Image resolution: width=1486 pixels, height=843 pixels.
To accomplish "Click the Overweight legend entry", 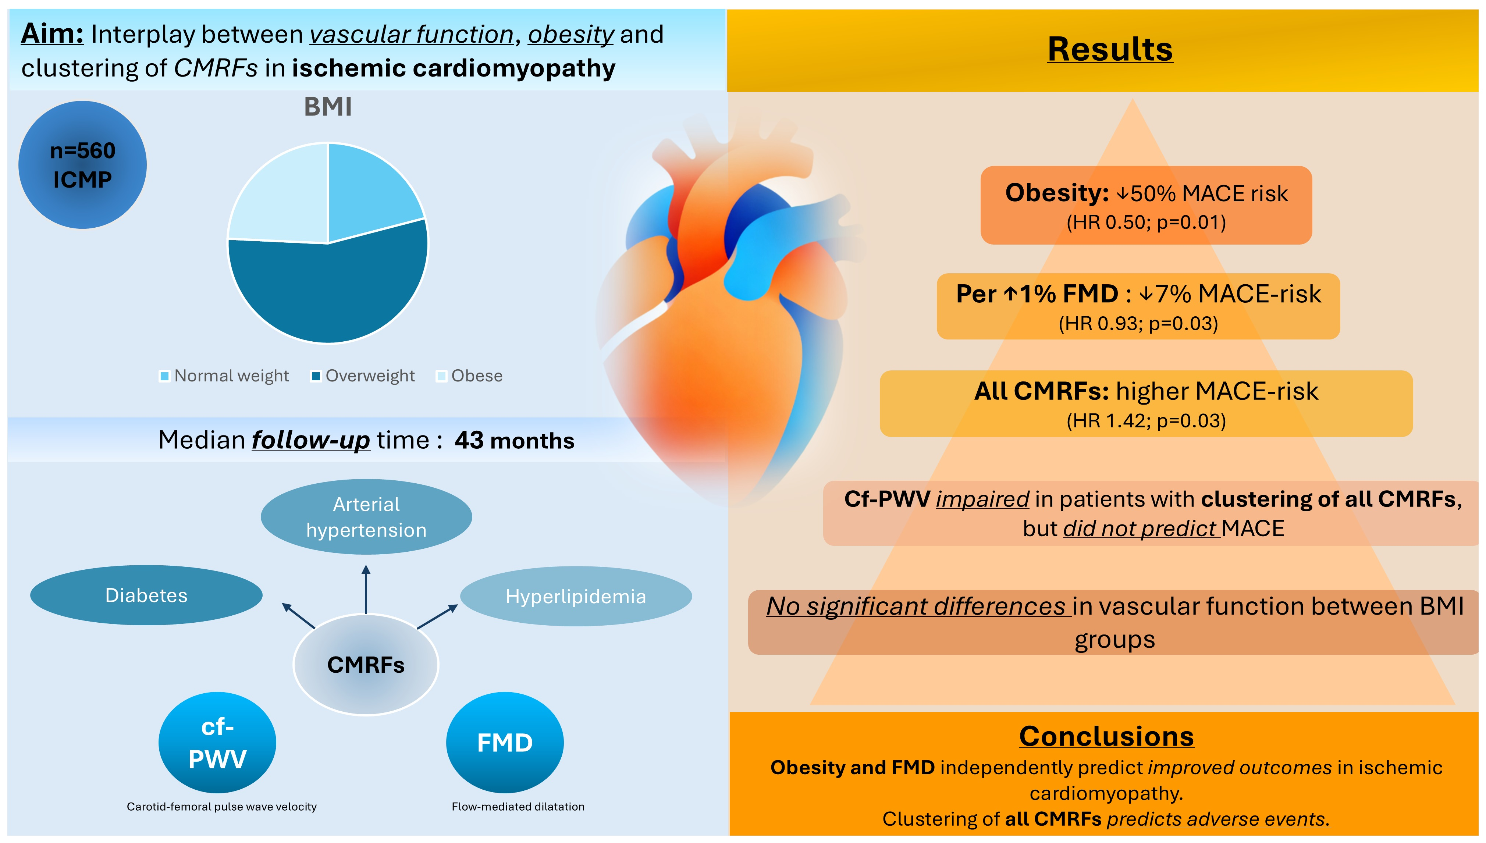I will pyautogui.click(x=363, y=376).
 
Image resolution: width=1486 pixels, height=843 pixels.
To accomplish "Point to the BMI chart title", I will pyautogui.click(x=328, y=107).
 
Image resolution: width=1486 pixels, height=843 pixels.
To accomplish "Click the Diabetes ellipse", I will pyautogui.click(x=146, y=595).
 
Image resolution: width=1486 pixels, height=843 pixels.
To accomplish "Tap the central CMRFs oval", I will pyautogui.click(x=366, y=665).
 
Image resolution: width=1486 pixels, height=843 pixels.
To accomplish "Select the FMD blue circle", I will pyautogui.click(x=505, y=743).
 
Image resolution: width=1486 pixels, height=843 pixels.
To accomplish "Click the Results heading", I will pyautogui.click(x=1110, y=49).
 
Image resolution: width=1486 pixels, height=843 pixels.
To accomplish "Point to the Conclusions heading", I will pyautogui.click(x=1106, y=736).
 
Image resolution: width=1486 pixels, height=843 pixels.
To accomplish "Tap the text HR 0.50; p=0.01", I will pyautogui.click(x=1146, y=222).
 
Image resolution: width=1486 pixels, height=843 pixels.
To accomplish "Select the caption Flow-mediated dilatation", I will pyautogui.click(x=518, y=807).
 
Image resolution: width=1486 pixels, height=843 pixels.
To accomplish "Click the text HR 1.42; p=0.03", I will pyautogui.click(x=1146, y=421).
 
